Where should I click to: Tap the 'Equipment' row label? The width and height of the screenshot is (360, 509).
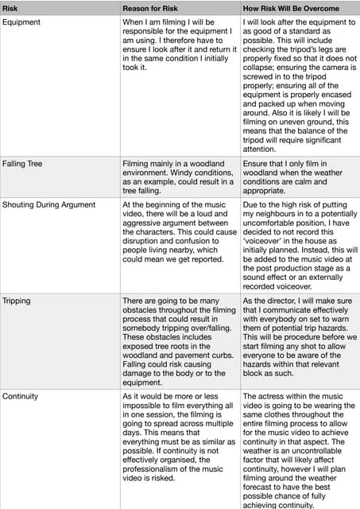tap(23, 21)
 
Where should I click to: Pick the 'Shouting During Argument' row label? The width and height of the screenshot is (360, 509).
tap(48, 204)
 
